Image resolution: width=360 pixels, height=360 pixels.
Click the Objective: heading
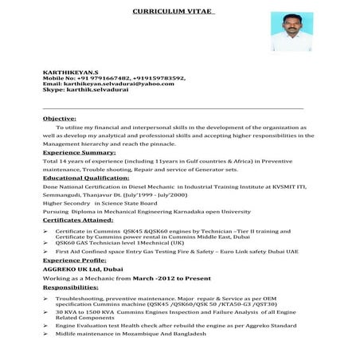(60, 118)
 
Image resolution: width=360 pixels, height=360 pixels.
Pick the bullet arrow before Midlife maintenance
(45, 334)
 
